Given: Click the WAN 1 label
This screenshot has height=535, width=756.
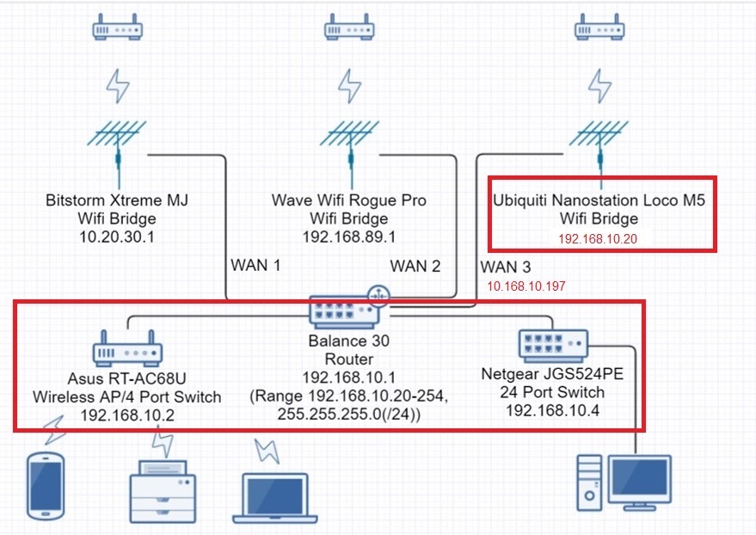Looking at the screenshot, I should tap(255, 266).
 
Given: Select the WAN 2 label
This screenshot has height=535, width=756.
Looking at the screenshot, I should tap(415, 266).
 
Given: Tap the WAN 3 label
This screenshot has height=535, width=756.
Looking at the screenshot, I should tap(507, 266).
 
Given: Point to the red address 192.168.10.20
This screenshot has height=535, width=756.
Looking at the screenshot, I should tap(599, 238).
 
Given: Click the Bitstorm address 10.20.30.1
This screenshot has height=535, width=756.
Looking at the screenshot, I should tap(117, 237).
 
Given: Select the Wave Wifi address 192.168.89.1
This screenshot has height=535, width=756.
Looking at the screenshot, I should tap(349, 237).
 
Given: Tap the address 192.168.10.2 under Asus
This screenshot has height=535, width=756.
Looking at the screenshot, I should tap(127, 415).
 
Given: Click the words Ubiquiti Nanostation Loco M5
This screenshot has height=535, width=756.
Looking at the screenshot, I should tap(599, 200).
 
